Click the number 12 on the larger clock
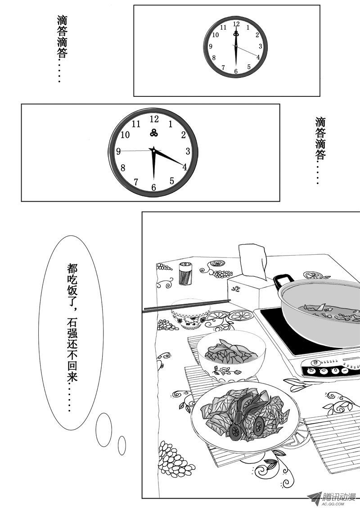coord(154,119)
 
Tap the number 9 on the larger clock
coord(118,151)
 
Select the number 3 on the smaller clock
coord(261,46)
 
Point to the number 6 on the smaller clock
coord(236,71)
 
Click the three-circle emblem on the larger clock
coord(154,132)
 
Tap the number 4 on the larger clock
coord(184,167)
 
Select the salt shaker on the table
coord(185,274)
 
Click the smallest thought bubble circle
coord(122,446)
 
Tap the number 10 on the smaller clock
coord(216,35)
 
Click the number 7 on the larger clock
coord(136,182)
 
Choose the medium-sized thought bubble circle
coord(103,429)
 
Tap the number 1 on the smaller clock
coord(248,27)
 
